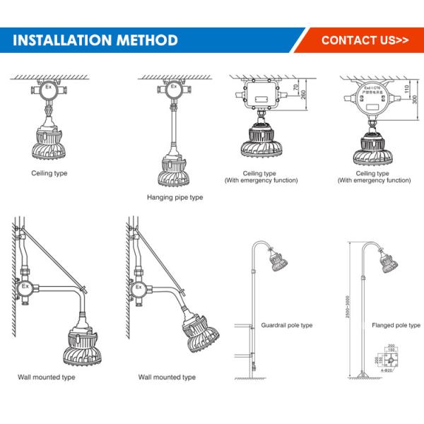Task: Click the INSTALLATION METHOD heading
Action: click(x=95, y=40)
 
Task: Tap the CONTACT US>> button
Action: click(x=365, y=40)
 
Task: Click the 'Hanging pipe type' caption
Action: click(x=175, y=197)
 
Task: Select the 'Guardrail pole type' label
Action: click(x=287, y=325)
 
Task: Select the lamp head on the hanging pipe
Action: click(x=172, y=170)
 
